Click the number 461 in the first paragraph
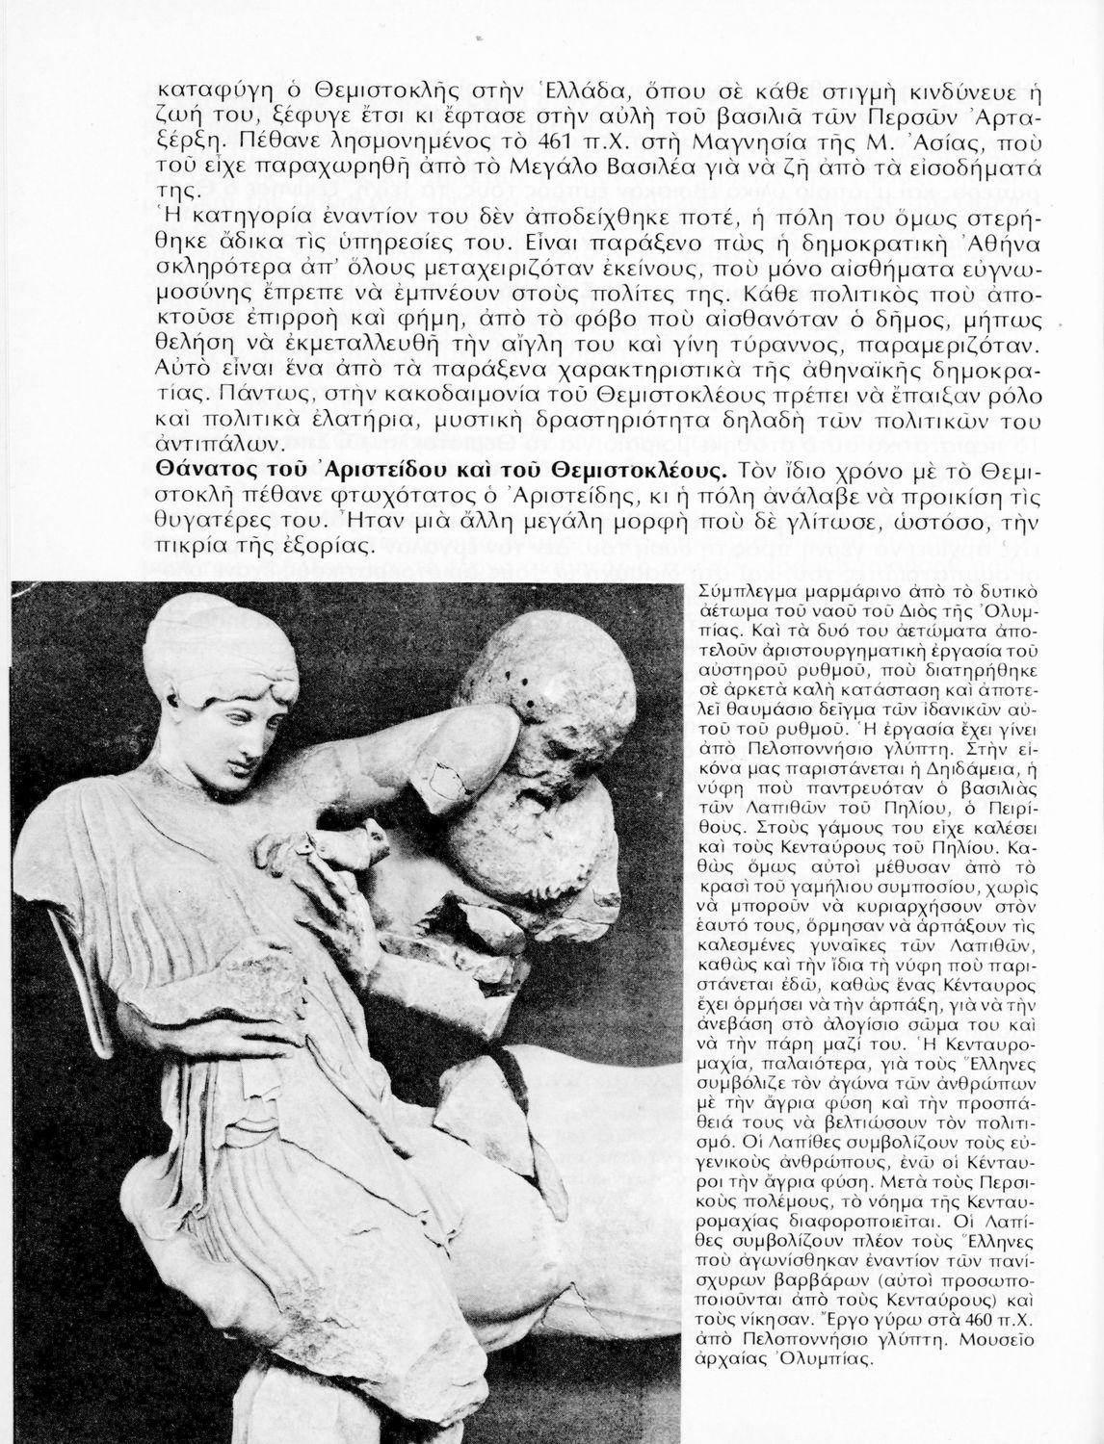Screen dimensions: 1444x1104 (581, 147)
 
